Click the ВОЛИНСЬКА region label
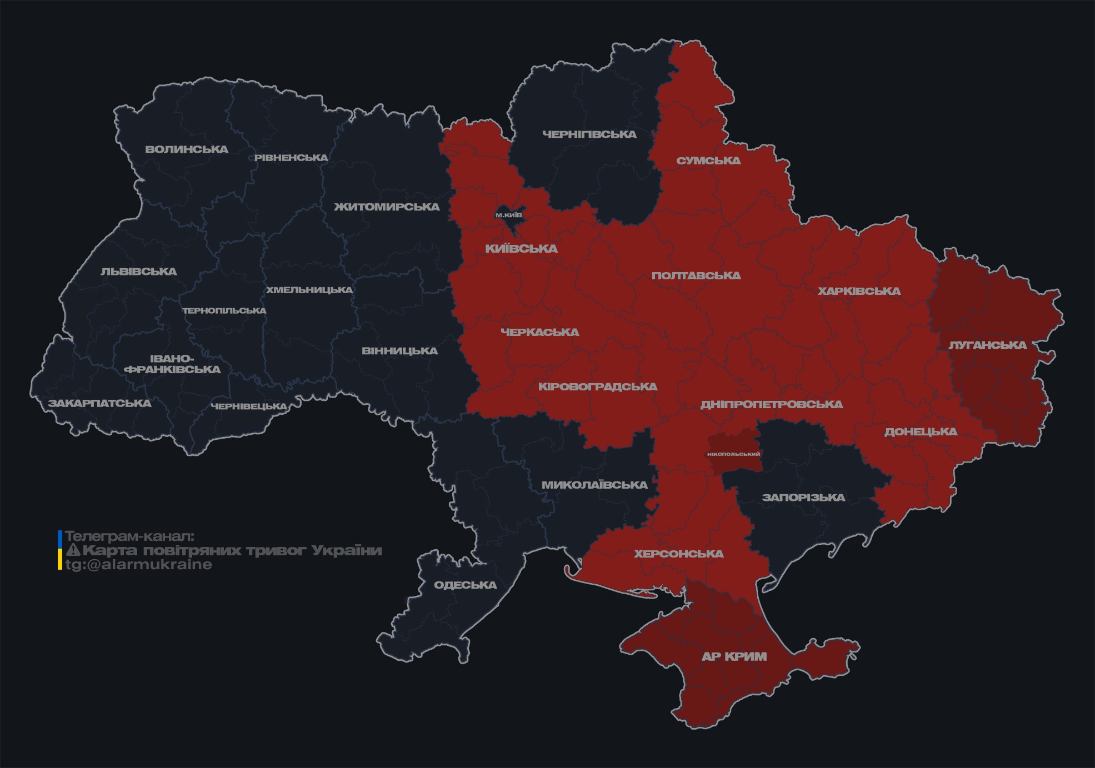[x=187, y=149]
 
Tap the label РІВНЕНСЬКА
[x=291, y=158]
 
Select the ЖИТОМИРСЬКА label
[x=387, y=207]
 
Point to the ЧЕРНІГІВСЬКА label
[x=589, y=134]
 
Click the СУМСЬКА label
[x=708, y=161]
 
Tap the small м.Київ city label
[x=509, y=215]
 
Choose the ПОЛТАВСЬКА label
[x=696, y=276]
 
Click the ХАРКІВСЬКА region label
[x=859, y=292]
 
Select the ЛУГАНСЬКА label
[x=987, y=345]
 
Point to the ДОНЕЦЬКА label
[x=921, y=432]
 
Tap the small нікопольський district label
[x=733, y=454]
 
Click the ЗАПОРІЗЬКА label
[x=803, y=498]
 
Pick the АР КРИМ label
[x=734, y=657]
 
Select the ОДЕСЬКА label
[x=465, y=585]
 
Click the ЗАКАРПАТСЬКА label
[x=99, y=403]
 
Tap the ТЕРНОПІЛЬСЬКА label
[x=224, y=311]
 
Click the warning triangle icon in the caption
[x=73, y=550]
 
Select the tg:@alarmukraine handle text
[x=138, y=565]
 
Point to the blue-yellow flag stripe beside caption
[x=60, y=550]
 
